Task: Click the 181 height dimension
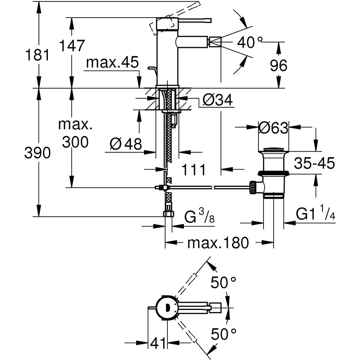point(37,55)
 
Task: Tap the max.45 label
point(112,63)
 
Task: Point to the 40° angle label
point(249,43)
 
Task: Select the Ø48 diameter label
point(126,144)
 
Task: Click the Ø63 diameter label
point(274,127)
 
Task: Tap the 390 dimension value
point(37,153)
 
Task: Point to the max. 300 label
point(75,134)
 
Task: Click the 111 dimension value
point(193,169)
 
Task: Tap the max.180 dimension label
point(218,243)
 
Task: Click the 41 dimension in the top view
point(158,343)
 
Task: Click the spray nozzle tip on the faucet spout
point(215,42)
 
